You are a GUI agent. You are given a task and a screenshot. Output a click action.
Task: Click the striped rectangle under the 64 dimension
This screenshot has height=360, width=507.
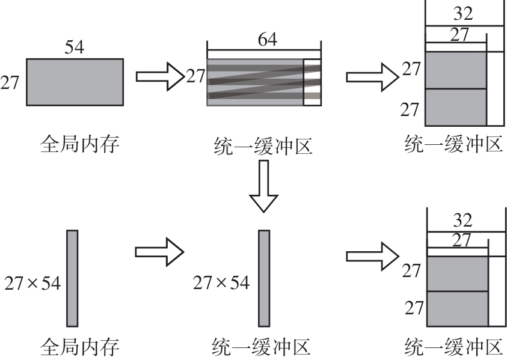(x=256, y=82)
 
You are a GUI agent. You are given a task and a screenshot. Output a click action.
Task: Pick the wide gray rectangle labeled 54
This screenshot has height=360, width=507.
(x=75, y=82)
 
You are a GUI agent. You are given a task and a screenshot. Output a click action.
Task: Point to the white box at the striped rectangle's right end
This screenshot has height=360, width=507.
(x=312, y=82)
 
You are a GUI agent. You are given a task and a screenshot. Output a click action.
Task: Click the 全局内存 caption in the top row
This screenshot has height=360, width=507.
(x=81, y=144)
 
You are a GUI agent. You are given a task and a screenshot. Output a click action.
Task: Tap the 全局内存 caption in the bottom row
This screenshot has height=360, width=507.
(x=81, y=347)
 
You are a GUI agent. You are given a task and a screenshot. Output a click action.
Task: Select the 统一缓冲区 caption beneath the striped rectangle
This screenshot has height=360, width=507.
(x=263, y=145)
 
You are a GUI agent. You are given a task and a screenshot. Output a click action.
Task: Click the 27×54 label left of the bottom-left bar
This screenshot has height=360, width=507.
(x=32, y=282)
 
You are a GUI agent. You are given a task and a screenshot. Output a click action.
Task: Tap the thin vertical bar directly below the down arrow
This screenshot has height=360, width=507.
(x=264, y=278)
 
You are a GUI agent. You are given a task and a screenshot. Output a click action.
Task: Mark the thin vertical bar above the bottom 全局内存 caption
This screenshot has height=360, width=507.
(x=72, y=278)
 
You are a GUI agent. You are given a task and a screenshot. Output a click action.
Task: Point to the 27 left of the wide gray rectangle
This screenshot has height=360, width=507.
(x=10, y=82)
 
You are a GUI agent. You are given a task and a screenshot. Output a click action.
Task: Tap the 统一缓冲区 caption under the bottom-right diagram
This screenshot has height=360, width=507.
(x=454, y=347)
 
